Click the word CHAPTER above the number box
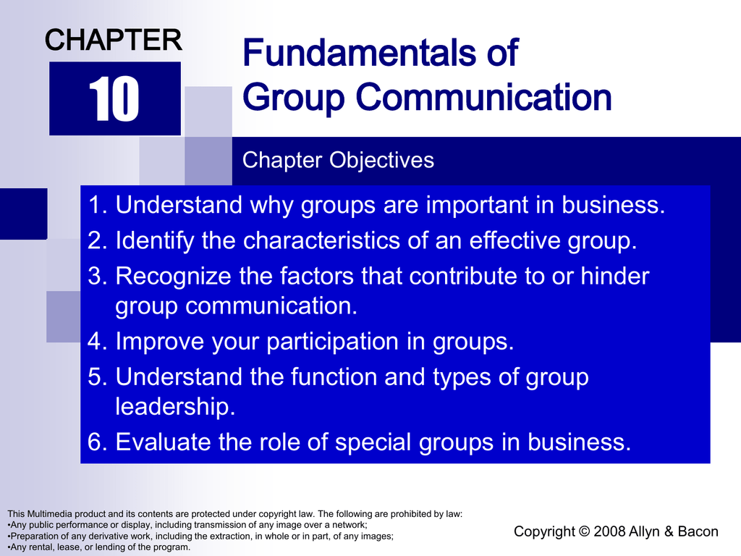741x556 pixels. click(x=114, y=40)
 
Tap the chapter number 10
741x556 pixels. click(x=114, y=98)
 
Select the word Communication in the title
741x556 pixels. click(x=483, y=97)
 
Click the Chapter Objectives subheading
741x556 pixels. click(x=338, y=160)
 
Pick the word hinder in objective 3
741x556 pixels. click(x=615, y=276)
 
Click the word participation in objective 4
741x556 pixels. click(x=332, y=342)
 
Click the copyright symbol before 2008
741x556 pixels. click(x=584, y=531)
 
